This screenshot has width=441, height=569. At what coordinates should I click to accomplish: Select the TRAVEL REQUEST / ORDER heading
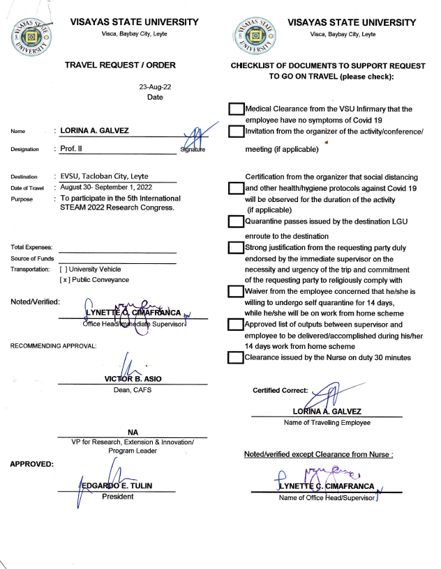tap(120, 65)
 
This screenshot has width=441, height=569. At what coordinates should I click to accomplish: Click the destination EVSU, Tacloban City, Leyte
tap(105, 176)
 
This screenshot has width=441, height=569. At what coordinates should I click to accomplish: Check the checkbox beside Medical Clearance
tap(237, 109)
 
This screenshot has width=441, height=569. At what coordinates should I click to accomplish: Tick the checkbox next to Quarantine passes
tap(237, 221)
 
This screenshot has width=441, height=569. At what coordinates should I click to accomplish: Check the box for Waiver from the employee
tap(237, 291)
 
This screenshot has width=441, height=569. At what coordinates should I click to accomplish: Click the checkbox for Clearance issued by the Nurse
tap(237, 357)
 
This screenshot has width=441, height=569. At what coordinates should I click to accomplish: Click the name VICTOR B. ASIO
tap(132, 379)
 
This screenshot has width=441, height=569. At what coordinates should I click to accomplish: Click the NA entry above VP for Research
tap(132, 432)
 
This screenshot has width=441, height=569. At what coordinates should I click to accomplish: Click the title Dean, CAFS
tap(132, 389)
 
